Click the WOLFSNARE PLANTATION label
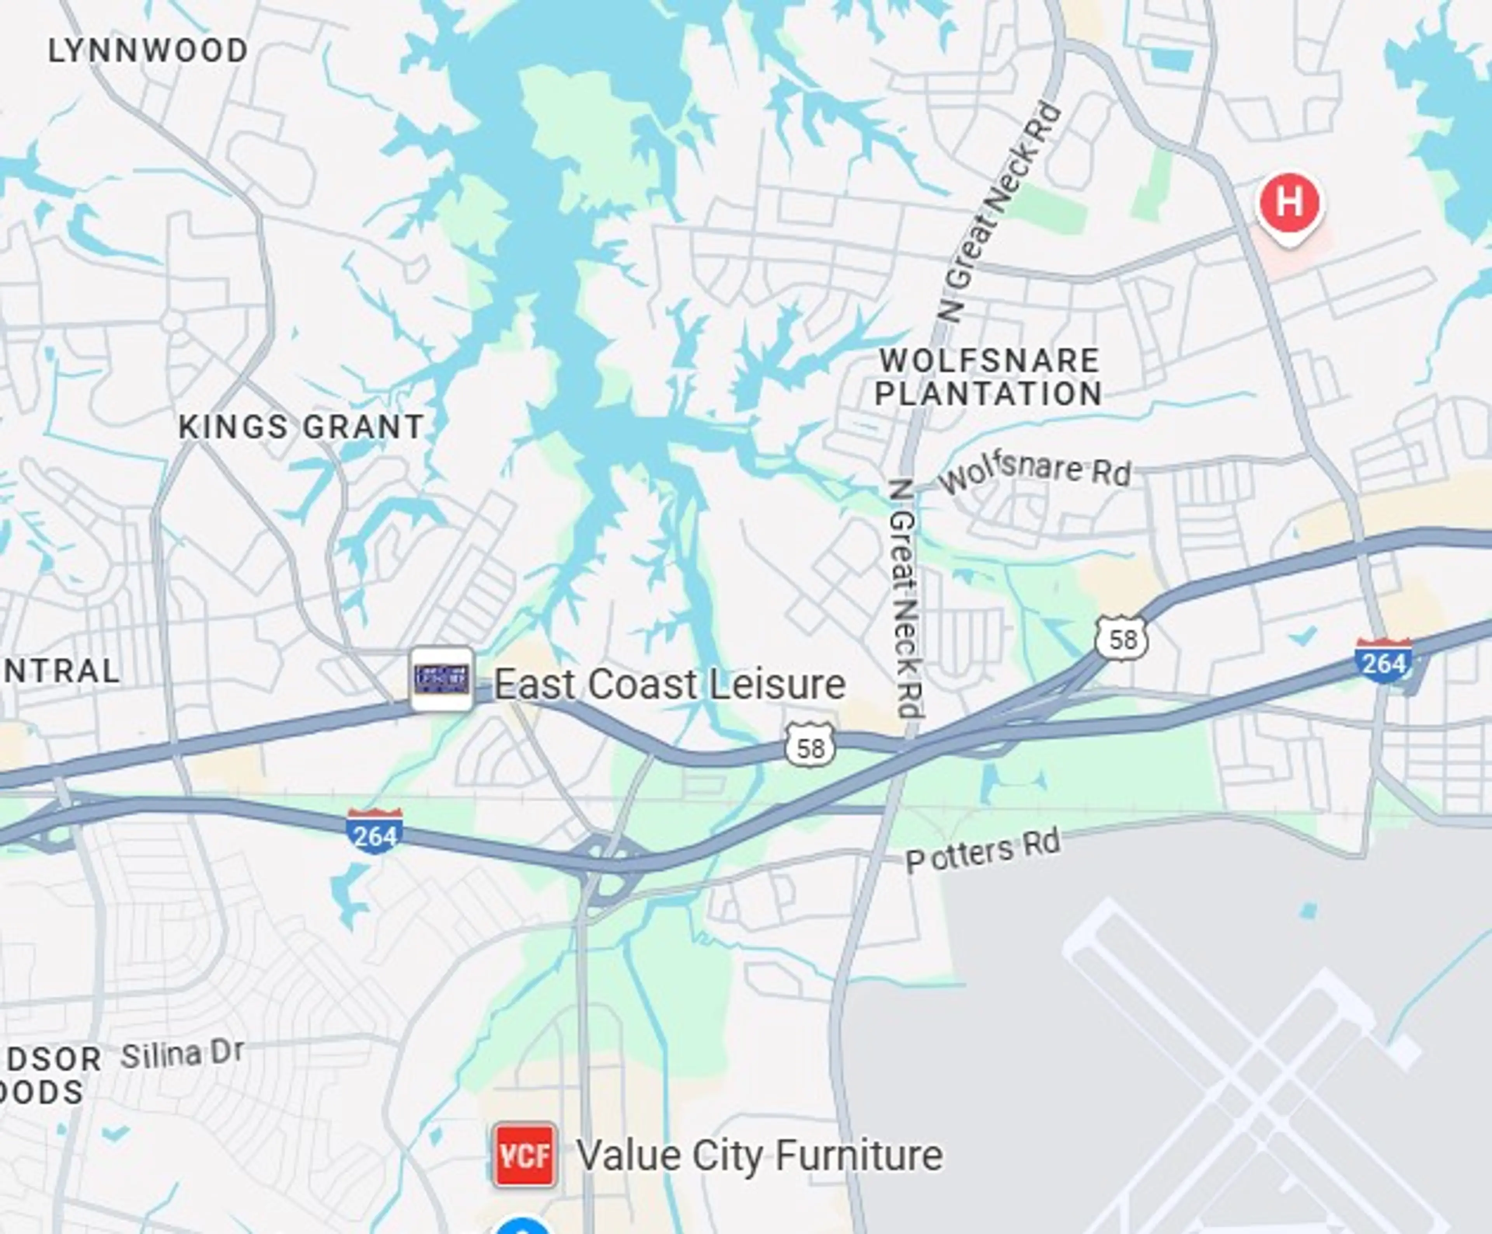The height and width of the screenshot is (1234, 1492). tap(988, 377)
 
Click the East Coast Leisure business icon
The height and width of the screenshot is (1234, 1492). tap(441, 678)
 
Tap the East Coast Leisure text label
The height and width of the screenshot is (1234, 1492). tap(669, 684)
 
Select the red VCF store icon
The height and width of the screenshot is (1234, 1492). tap(524, 1155)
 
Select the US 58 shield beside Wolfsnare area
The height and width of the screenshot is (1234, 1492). tap(1121, 639)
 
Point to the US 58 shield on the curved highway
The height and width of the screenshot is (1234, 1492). tap(810, 746)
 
